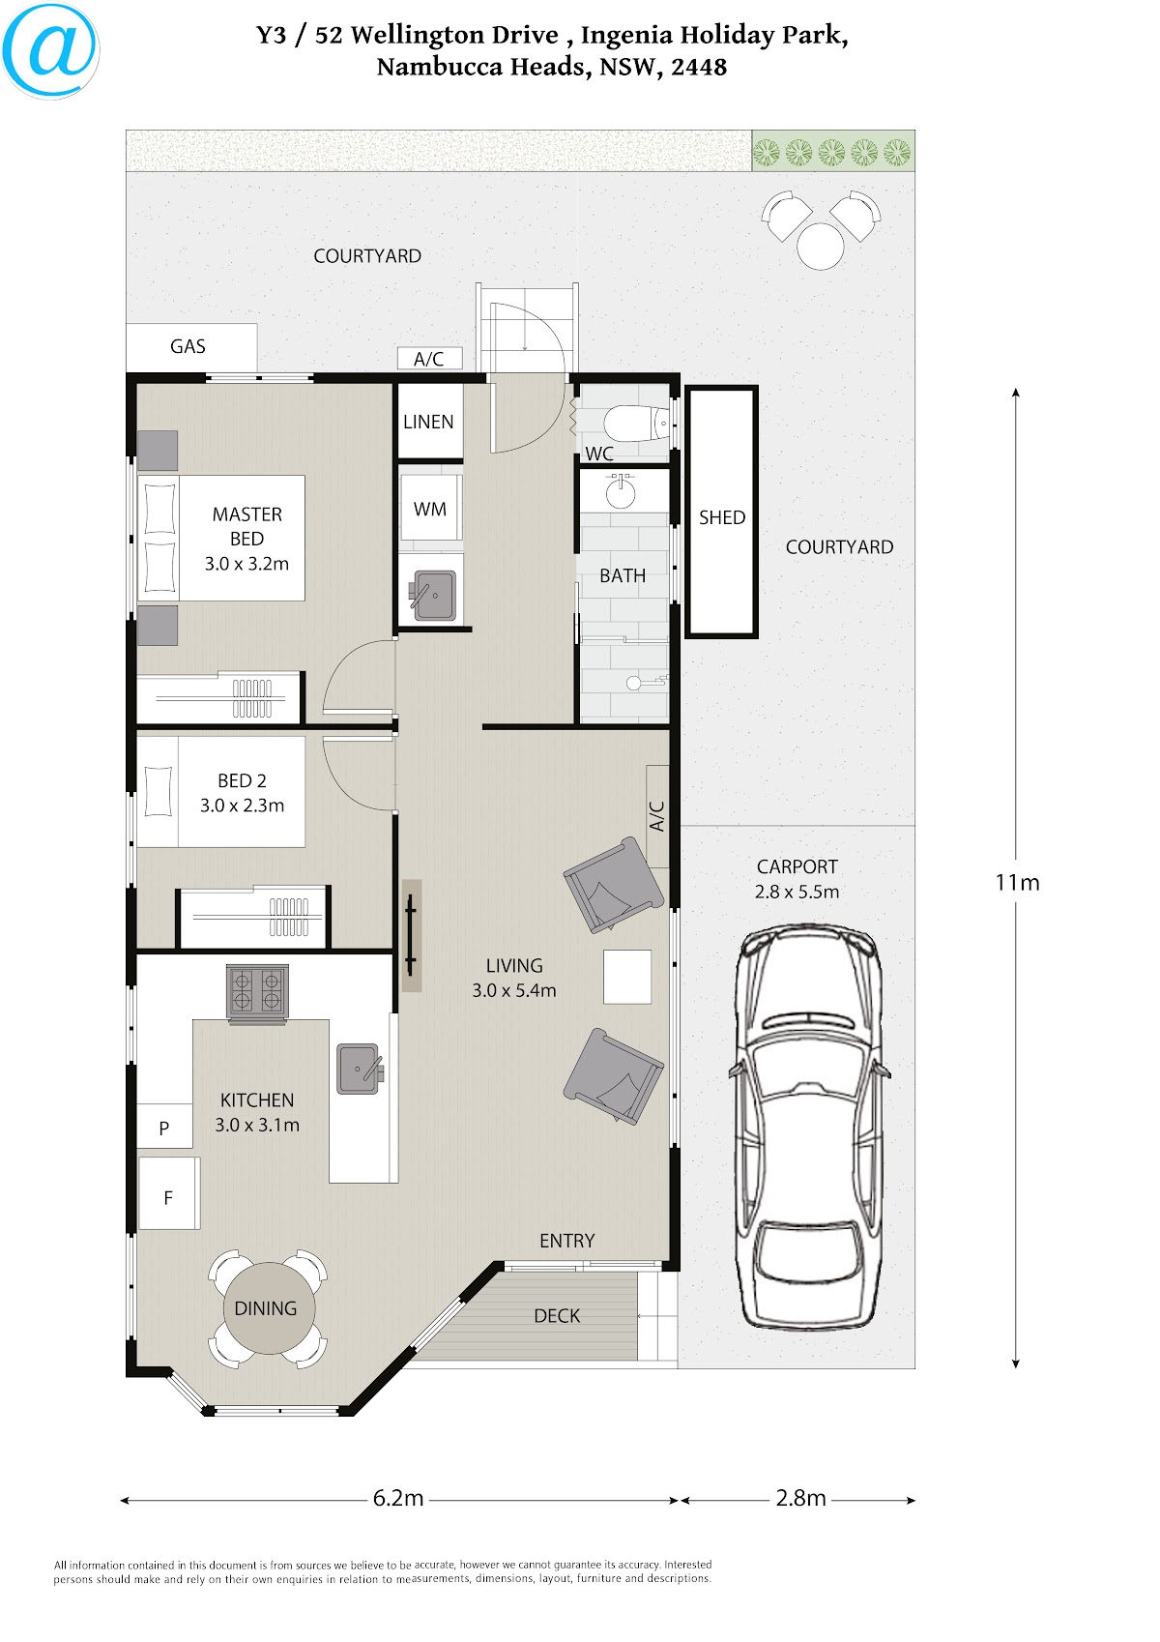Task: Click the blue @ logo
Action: (50, 50)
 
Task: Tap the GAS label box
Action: (191, 347)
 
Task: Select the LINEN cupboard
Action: (429, 422)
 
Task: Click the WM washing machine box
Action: (431, 509)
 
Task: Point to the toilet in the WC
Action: (636, 424)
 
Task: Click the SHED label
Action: (722, 517)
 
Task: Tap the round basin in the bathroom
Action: (621, 492)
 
